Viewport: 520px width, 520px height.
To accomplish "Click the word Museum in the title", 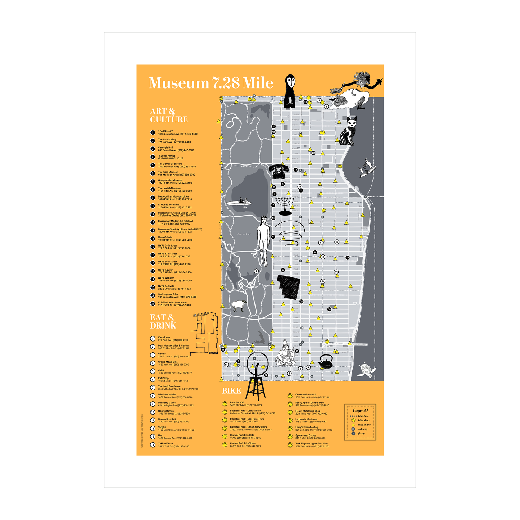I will point(179,83).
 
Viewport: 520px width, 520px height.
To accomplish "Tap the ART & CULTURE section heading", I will point(169,116).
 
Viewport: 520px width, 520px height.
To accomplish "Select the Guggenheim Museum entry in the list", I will point(170,181).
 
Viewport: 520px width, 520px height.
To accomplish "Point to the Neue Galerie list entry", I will point(165,239).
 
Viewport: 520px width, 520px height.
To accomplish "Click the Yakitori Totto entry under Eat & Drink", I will point(166,445).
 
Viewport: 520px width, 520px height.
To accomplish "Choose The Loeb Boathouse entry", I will point(169,388).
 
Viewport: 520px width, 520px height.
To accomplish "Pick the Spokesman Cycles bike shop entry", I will point(306,437).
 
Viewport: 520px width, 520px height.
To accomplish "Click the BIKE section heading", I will point(231,391).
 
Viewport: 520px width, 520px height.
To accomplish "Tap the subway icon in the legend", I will point(353,429).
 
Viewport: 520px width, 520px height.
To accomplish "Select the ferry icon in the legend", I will point(353,433).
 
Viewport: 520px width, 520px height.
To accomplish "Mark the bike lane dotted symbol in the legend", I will point(353,416).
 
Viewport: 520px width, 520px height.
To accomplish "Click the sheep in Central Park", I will point(238,306).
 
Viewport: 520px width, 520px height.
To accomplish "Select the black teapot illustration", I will point(325,362).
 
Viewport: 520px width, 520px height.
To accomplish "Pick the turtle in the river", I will point(367,370).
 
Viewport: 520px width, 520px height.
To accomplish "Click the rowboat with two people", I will point(239,203).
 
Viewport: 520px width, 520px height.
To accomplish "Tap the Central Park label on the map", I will point(244,234).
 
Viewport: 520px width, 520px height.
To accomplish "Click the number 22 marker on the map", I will point(313,153).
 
